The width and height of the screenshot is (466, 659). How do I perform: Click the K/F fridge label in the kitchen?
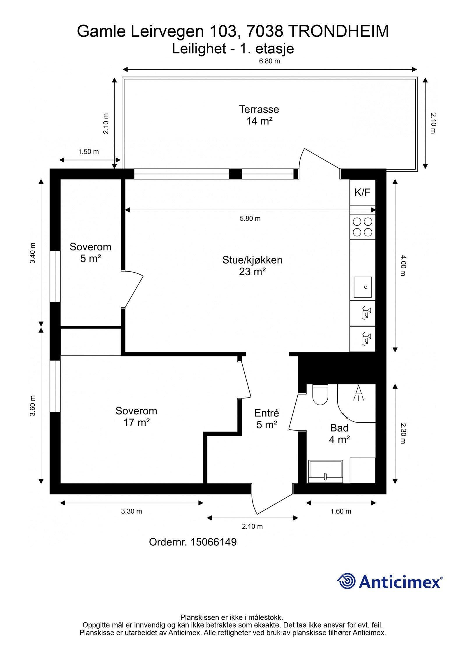(x=362, y=192)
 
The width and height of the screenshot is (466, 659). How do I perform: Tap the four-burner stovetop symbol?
(x=363, y=227)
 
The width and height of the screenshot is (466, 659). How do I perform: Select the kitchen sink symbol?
(x=363, y=287)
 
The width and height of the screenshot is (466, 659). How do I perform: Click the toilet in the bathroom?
(x=320, y=395)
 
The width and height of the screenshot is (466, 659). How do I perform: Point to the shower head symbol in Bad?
(x=359, y=393)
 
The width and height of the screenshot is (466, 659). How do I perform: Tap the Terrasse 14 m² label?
(x=259, y=115)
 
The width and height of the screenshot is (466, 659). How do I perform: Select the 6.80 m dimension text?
(x=269, y=61)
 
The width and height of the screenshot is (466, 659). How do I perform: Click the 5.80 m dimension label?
(x=250, y=218)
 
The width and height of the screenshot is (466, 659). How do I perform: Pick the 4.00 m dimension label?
(x=403, y=265)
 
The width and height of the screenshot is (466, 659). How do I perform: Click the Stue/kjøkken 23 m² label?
(x=252, y=266)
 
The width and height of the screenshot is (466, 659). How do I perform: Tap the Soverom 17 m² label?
(x=136, y=416)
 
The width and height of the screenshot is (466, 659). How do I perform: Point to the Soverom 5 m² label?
(x=91, y=252)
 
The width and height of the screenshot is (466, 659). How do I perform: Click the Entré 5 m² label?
(x=266, y=419)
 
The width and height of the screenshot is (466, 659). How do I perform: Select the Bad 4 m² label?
(x=339, y=433)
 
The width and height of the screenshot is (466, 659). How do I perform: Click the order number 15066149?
(x=213, y=542)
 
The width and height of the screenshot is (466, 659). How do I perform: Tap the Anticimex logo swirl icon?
(x=346, y=581)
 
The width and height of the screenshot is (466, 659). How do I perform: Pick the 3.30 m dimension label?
(x=132, y=511)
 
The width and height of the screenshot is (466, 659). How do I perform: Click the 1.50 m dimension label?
(x=89, y=152)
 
